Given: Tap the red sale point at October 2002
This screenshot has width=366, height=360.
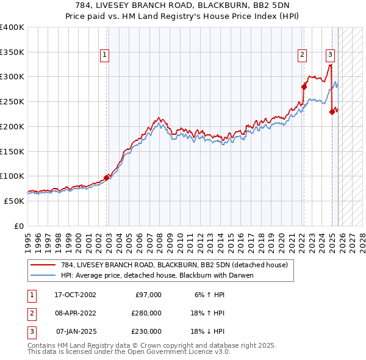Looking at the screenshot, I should coord(107,178).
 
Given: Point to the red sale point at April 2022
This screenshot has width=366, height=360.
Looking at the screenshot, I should coord(304,87).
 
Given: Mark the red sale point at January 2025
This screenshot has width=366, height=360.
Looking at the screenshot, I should coord(332,112).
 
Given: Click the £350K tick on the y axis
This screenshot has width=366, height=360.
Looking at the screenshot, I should coord(12,52).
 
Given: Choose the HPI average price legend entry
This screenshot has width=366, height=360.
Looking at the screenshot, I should coord(156,275).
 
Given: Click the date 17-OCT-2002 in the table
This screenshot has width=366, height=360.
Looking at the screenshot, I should coord(75,295).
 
